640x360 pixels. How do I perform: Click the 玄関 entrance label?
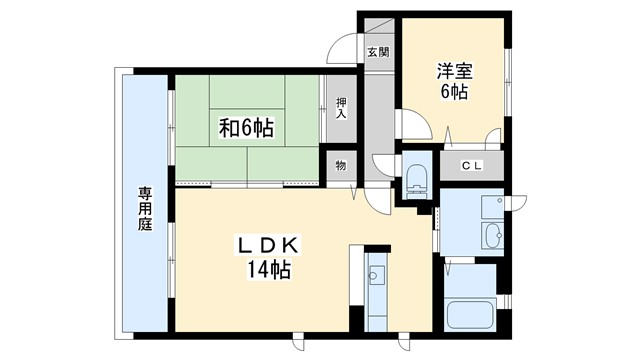coord(377,53)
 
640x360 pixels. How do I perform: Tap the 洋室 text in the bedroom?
coord(453,71)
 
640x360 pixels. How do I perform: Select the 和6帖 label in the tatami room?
coord(247,128)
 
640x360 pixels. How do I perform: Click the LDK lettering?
coord(268,245)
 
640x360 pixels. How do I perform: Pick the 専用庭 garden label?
coord(144,211)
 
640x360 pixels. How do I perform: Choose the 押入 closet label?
coord(341,107)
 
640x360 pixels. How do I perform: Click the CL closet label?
coord(471,166)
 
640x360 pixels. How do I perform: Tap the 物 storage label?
coord(340,166)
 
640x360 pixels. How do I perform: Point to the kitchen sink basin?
coord(377,273)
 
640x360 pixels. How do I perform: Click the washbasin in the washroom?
coord(492,237)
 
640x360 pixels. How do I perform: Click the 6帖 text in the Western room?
coord(453,92)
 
